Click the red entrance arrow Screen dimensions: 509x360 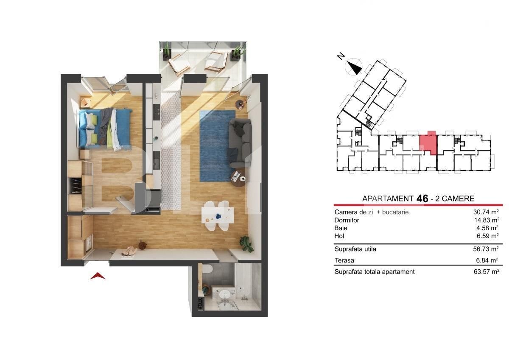98,276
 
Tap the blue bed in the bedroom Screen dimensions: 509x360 105,128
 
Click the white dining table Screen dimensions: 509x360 218,215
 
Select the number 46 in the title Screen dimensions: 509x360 422,198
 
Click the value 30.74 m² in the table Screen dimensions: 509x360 486,212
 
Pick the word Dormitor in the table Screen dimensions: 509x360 347,220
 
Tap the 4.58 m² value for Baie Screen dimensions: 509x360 487,228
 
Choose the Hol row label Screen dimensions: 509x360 339,236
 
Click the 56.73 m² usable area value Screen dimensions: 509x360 486,249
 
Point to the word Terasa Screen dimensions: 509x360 344,260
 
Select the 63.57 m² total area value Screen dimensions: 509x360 486,272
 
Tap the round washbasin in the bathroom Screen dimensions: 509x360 225,295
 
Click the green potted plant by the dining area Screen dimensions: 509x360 246,244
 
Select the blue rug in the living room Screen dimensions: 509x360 217,146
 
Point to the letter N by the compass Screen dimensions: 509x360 341,56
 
